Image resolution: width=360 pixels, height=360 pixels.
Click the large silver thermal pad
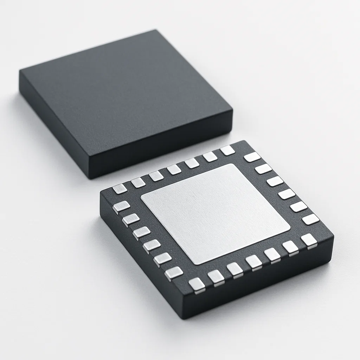pyautogui.click(x=215, y=213)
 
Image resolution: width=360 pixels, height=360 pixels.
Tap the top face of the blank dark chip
pyautogui.click(x=123, y=95)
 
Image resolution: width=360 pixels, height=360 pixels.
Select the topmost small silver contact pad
pyautogui.click(x=227, y=150)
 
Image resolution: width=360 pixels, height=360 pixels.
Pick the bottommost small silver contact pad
pyautogui.click(x=197, y=284)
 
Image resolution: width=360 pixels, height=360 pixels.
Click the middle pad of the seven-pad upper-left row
pyautogui.click(x=174, y=169)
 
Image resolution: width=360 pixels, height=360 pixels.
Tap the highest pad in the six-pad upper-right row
pyautogui.click(x=252, y=157)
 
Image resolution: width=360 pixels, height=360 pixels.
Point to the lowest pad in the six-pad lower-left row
pyautogui.click(x=174, y=272)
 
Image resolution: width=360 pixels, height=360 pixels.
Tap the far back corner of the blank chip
pyautogui.click(x=156, y=30)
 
